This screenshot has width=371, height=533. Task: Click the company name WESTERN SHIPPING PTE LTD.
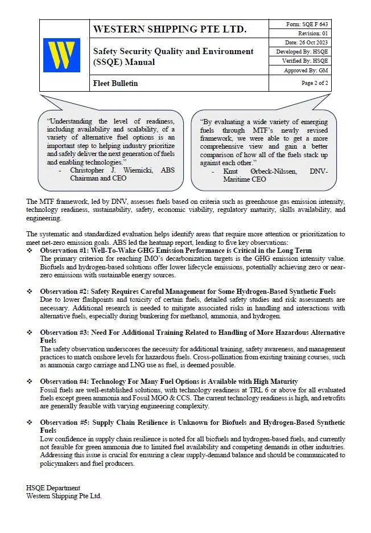click(169, 29)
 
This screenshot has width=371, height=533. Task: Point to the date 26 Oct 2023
click(311, 43)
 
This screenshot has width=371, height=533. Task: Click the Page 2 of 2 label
click(315, 83)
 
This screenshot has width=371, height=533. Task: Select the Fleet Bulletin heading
click(115, 84)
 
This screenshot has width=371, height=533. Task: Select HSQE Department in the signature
click(53, 488)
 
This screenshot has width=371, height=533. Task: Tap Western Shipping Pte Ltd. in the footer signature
click(64, 496)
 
